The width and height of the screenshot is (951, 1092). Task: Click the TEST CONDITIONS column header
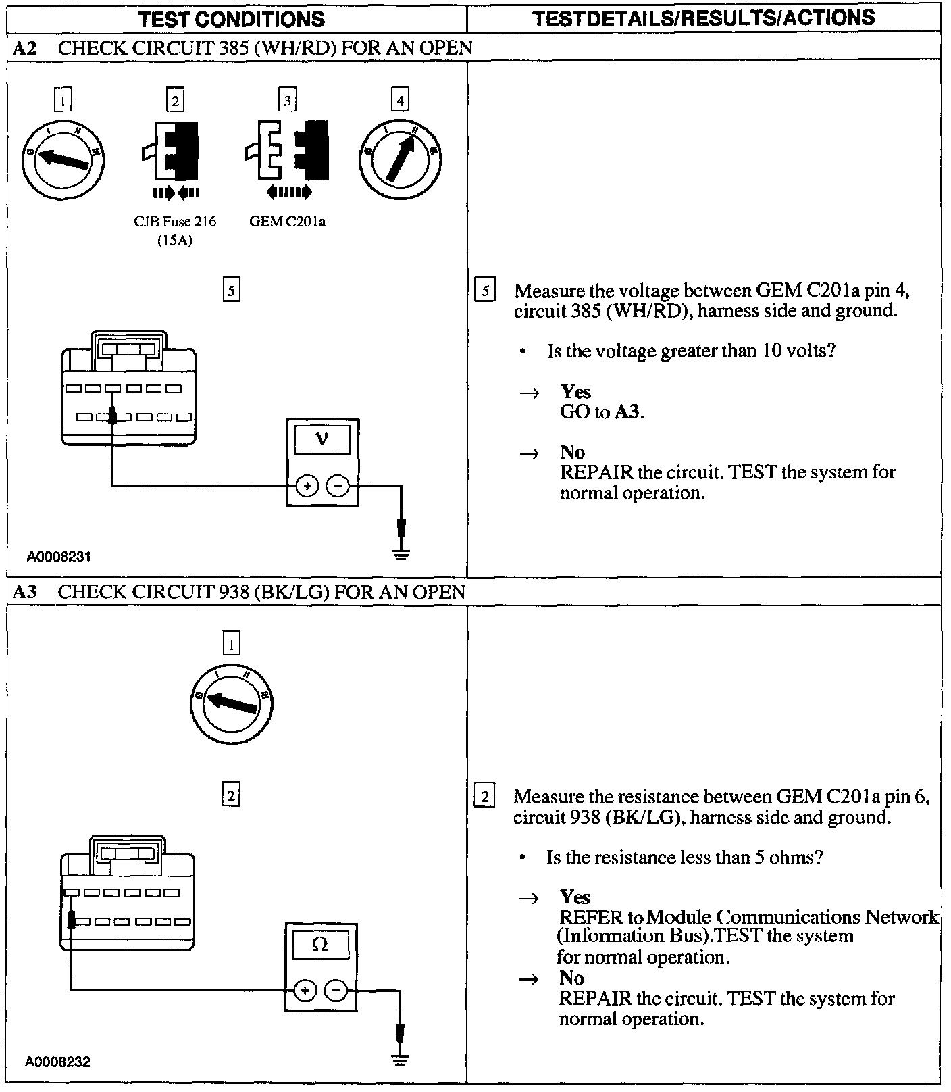(232, 18)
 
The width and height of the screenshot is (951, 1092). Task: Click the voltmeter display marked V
(322, 440)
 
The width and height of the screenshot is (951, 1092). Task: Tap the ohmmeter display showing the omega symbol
(320, 945)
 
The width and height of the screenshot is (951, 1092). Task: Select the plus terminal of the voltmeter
(307, 486)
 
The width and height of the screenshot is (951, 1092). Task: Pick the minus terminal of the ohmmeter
(336, 991)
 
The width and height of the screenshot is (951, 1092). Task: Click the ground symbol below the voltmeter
(401, 555)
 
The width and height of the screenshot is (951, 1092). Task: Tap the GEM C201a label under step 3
(287, 222)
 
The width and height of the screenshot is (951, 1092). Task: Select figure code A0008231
(59, 557)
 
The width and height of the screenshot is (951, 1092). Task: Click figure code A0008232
(58, 1062)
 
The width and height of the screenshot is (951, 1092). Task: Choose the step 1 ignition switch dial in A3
(231, 703)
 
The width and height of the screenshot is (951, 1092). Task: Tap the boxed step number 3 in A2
(287, 101)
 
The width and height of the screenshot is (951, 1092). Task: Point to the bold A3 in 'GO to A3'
(628, 412)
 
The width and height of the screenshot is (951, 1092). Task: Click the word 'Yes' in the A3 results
(575, 897)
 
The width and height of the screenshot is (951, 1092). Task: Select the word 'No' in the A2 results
(572, 452)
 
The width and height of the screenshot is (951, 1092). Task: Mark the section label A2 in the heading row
(25, 47)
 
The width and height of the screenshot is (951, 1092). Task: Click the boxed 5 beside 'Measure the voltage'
(485, 291)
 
